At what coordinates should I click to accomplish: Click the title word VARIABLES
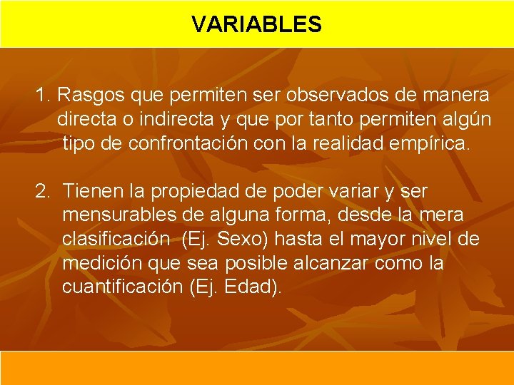point(256,25)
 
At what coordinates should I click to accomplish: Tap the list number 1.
point(42,95)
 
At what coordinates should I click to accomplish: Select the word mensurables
point(119,215)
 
